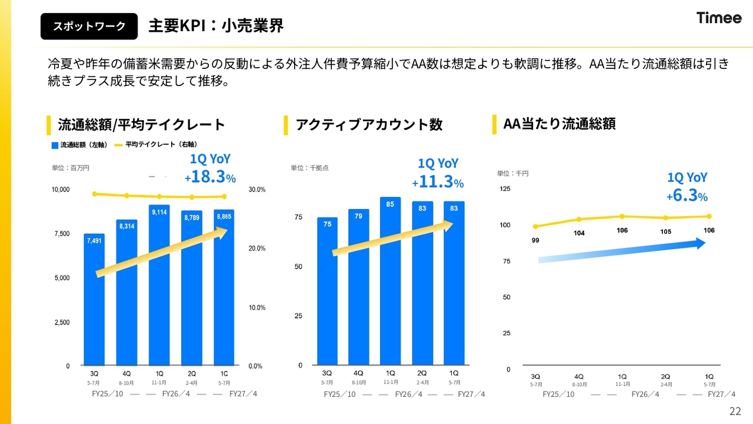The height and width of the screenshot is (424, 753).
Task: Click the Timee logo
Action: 719,18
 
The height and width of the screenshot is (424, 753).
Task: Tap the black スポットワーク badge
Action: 89,26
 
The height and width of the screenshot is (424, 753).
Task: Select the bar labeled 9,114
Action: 159,285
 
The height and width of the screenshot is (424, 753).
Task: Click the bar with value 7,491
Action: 94,300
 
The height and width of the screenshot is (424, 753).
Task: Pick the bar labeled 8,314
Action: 126,293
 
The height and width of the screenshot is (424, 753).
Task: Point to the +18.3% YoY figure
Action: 210,177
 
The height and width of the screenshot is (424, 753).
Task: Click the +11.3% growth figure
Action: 438,182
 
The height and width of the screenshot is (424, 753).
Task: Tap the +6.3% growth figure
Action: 687,196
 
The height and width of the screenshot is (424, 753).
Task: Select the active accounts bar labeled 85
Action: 390,281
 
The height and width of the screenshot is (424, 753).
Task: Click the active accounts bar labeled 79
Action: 359,287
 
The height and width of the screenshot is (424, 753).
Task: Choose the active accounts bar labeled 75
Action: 327,291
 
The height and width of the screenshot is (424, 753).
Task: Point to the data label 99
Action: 535,240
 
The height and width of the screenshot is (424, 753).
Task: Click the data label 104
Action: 579,233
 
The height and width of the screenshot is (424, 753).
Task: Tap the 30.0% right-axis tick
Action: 257,190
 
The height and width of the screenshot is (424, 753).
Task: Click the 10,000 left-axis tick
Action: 61,190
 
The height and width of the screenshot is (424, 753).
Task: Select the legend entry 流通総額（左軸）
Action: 79,145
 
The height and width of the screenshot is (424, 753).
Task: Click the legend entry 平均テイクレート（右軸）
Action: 156,144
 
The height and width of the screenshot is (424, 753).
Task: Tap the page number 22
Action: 735,411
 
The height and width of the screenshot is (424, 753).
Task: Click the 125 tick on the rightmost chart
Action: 505,189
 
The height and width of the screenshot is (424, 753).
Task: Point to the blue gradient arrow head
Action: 700,243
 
